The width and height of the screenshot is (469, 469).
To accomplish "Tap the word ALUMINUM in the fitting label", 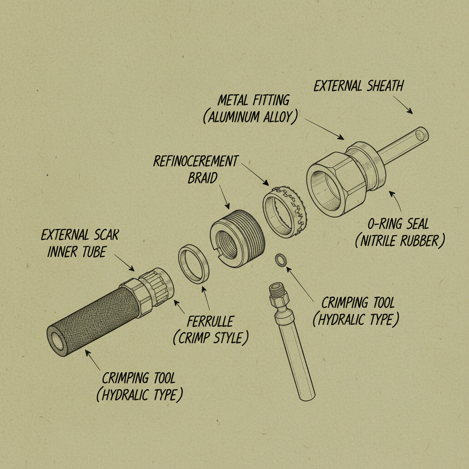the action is point(233,117).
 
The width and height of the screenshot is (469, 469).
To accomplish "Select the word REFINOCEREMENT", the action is point(196,161).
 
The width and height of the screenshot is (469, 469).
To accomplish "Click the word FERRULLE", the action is point(210,322).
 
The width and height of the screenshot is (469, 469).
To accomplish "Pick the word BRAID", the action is point(202,178).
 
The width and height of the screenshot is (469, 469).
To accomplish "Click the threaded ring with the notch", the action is point(238,238).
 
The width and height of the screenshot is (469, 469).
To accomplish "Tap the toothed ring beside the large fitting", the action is point(286,212).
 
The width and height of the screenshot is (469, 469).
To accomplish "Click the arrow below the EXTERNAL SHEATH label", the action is point(403,105).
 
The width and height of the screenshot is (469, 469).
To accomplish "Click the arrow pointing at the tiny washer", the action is point(300,284).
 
